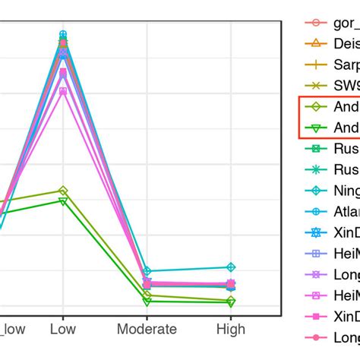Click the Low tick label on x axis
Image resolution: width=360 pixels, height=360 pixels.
coord(62,330)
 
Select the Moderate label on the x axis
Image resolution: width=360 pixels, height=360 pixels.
coord(147,330)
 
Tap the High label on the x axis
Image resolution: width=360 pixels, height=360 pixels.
coord(231,330)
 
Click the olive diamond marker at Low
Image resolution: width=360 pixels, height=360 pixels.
coord(63,191)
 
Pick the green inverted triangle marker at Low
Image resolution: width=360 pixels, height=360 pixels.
coord(63,201)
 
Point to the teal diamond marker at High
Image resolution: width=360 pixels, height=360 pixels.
coord(231,267)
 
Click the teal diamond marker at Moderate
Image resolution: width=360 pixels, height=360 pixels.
coord(147,271)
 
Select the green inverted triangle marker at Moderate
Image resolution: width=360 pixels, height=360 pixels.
coord(147,302)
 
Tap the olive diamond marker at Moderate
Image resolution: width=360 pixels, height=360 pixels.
coord(147,295)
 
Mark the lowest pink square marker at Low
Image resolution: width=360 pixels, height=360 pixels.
coord(63,91)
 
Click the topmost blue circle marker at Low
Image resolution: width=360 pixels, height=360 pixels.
coord(63,34)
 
